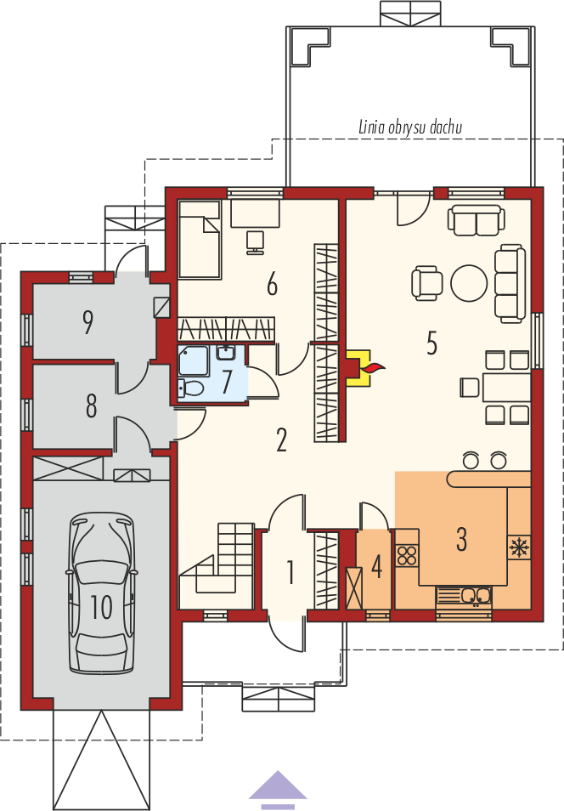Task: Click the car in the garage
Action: pyautogui.click(x=102, y=593)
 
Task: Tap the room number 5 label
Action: pyautogui.click(x=431, y=343)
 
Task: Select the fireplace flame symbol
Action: pyautogui.click(x=373, y=368)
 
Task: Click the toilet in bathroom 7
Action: pyautogui.click(x=189, y=388)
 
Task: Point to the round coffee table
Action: pyautogui.click(x=469, y=283)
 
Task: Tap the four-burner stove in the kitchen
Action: pyautogui.click(x=406, y=555)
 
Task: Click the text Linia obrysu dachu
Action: pyautogui.click(x=410, y=128)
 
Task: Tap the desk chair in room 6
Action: pyautogui.click(x=255, y=241)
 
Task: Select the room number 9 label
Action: pyautogui.click(x=87, y=322)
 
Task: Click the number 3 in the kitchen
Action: pyautogui.click(x=461, y=539)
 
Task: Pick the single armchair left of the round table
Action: pyautogui.click(x=427, y=283)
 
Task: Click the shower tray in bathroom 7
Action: pyautogui.click(x=193, y=361)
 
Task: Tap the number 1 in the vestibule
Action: pyautogui.click(x=290, y=573)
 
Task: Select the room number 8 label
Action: pyautogui.click(x=92, y=405)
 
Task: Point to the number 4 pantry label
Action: pyautogui.click(x=377, y=566)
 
